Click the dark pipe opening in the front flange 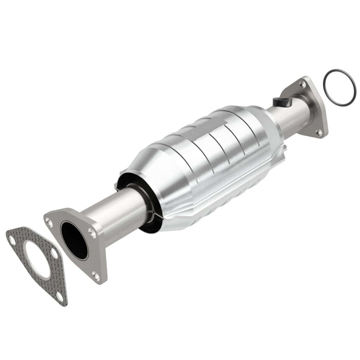(74, 240)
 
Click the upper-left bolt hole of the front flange (49, 222)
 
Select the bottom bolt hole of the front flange (96, 276)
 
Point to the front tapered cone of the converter (149, 170)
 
